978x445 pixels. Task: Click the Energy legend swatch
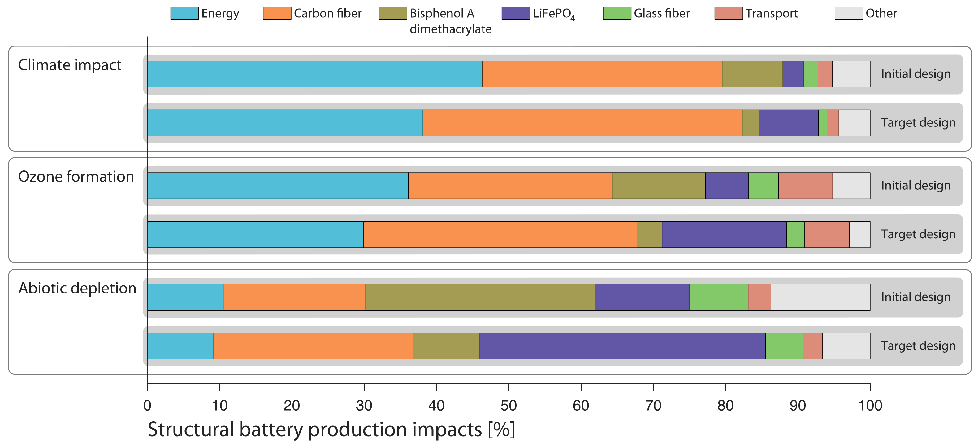[x=184, y=13]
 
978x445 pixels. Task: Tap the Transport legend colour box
[x=728, y=13]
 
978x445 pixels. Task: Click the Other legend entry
[x=881, y=13]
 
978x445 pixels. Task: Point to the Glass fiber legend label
[x=661, y=13]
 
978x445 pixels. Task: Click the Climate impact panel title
[x=70, y=65]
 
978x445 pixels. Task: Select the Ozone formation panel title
[x=76, y=177]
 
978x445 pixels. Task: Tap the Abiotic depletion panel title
[x=77, y=288]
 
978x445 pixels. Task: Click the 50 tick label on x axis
[x=508, y=405]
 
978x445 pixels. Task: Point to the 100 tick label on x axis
[x=870, y=405]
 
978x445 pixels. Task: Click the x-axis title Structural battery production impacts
[x=331, y=430]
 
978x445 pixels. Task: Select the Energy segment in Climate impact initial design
[x=314, y=74]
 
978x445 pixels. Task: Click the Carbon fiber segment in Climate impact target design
[x=582, y=123]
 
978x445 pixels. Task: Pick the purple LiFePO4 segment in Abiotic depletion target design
[x=622, y=346]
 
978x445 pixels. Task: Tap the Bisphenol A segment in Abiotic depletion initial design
[x=479, y=297]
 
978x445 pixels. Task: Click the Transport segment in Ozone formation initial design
[x=805, y=185]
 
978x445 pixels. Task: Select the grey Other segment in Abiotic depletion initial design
[x=820, y=297]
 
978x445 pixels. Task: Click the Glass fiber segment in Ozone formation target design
[x=795, y=235]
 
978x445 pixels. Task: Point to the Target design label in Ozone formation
[x=918, y=234]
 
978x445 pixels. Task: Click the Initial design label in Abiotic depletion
[x=915, y=297]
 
